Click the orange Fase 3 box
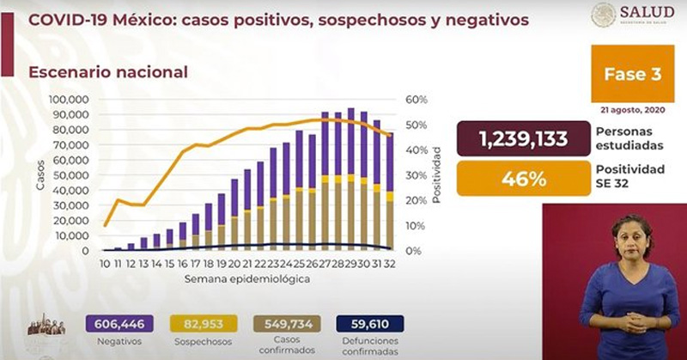[631, 76]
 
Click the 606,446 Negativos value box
[121, 324]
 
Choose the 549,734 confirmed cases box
[289, 324]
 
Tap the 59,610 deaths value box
[372, 324]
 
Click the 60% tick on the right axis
[416, 100]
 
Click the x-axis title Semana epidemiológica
[246, 279]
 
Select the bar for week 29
[350, 180]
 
